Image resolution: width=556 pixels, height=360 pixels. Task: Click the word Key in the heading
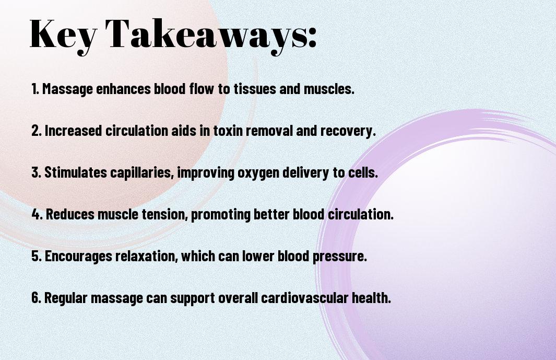(63, 35)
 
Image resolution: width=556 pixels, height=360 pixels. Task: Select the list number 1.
(35, 89)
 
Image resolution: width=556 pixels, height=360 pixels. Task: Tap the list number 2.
(36, 131)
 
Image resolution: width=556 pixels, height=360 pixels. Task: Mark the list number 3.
(36, 172)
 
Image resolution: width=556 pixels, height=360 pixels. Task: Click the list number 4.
(37, 214)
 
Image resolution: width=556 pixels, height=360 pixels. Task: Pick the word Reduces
(70, 214)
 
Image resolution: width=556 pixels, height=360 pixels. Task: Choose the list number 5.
(36, 256)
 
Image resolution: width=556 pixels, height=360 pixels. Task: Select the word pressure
(339, 257)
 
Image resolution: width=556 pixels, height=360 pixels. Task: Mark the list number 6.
(36, 297)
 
